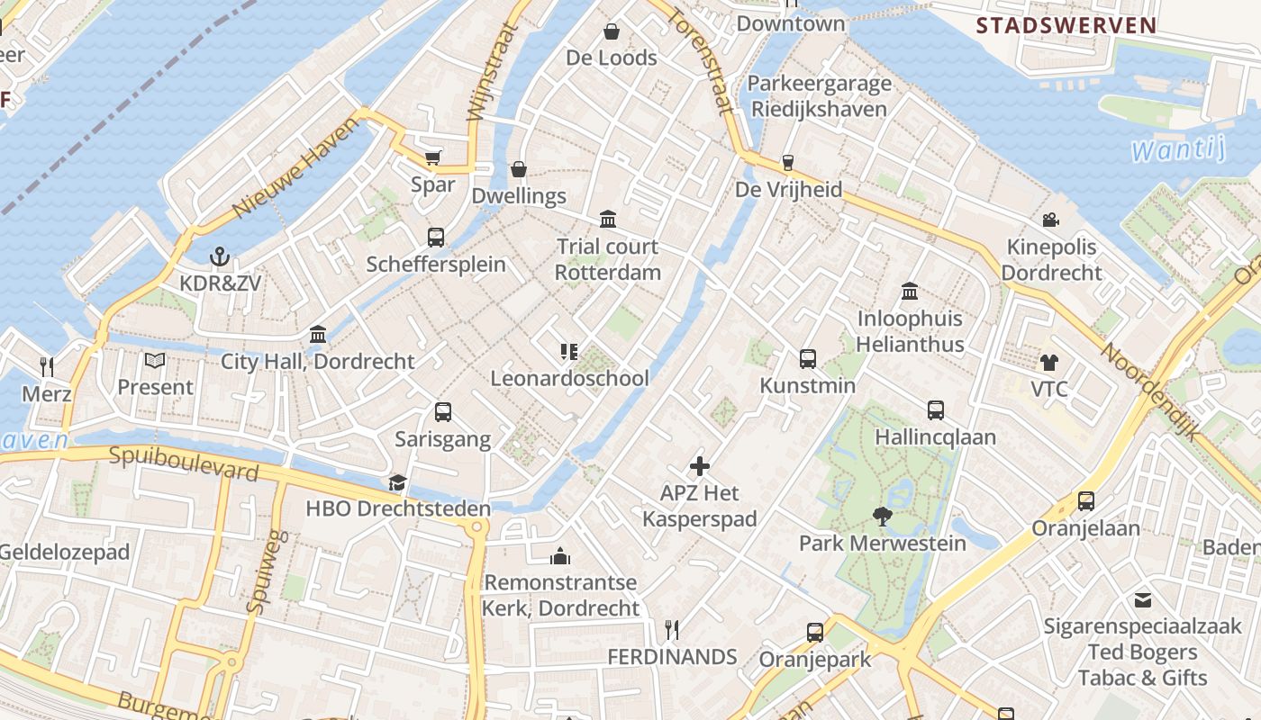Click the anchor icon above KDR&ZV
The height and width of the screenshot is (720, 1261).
click(x=220, y=257)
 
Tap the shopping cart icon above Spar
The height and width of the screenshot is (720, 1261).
click(x=433, y=157)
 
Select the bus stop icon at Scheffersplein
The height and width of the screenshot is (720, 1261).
click(x=436, y=237)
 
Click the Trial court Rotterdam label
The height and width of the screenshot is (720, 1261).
click(x=607, y=259)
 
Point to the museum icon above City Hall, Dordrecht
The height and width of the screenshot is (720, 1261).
click(x=318, y=335)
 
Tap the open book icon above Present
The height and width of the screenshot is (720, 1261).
click(x=155, y=361)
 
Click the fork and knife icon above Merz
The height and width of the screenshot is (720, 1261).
click(x=47, y=366)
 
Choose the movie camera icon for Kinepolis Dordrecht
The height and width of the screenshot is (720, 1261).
click(x=1050, y=220)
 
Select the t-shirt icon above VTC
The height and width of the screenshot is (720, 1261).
click(x=1049, y=363)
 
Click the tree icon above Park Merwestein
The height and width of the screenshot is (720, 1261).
click(x=882, y=516)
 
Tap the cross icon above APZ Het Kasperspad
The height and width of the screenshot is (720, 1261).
click(x=700, y=466)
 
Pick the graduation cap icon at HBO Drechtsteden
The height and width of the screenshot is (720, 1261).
click(x=397, y=483)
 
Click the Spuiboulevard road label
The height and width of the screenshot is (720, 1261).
click(x=184, y=463)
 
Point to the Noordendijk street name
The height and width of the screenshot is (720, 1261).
click(x=1152, y=391)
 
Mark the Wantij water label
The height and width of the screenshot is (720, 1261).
click(x=1178, y=149)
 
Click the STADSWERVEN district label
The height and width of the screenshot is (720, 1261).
click(x=1066, y=25)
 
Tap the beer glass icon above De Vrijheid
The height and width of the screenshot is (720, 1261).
click(x=788, y=163)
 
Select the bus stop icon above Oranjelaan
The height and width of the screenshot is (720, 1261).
click(x=1086, y=501)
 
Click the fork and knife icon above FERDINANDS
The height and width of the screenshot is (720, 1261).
click(x=672, y=630)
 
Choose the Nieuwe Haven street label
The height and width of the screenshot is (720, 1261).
click(x=289, y=178)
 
